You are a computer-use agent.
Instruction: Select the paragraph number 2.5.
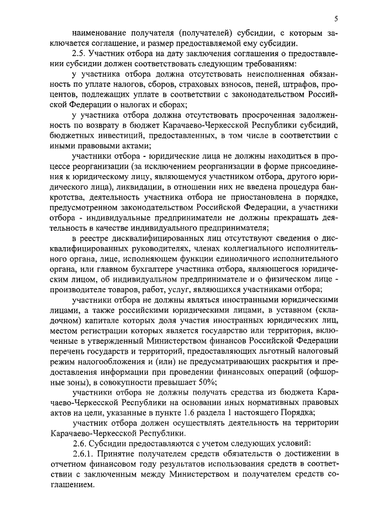[79, 53]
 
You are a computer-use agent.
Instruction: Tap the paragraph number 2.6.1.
[84, 454]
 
